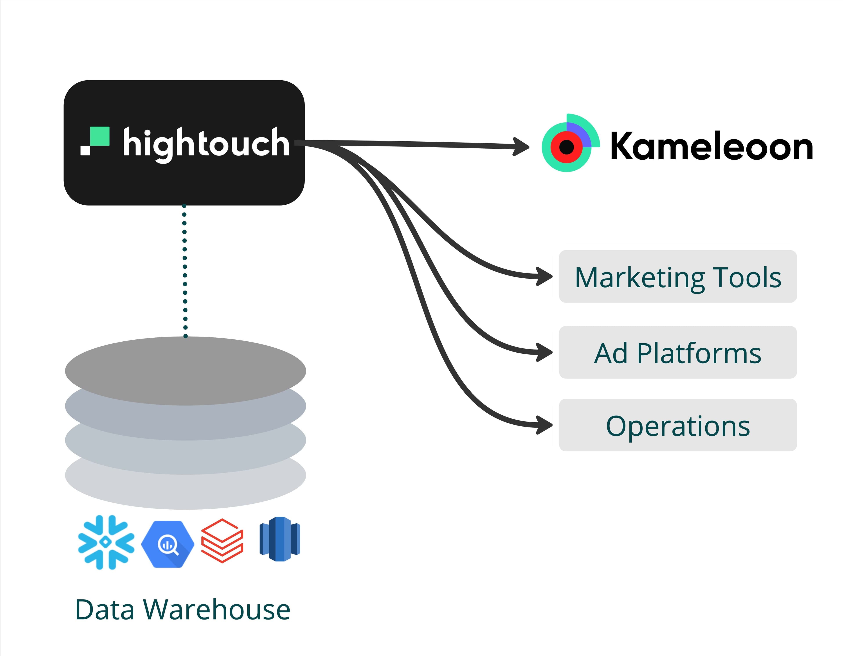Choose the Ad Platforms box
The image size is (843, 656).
click(678, 353)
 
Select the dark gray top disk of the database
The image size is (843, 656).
click(185, 370)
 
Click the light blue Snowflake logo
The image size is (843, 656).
click(106, 542)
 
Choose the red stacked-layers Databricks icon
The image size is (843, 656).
click(222, 541)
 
